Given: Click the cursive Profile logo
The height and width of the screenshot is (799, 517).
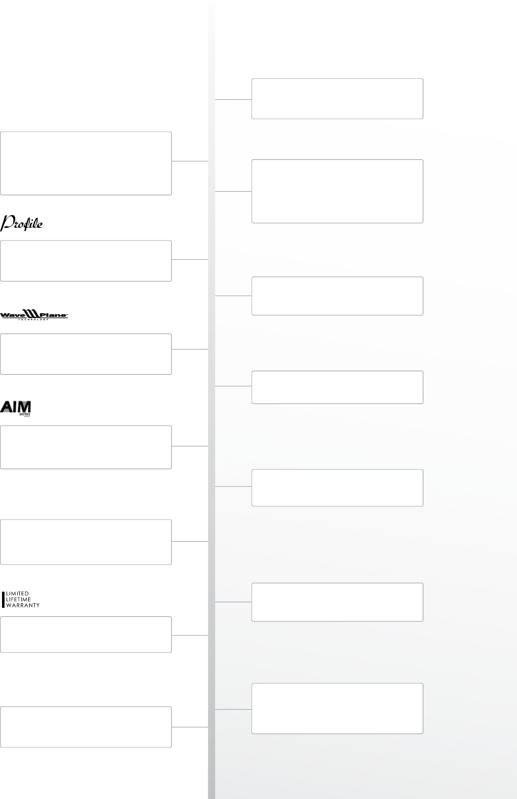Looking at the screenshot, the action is [x=23, y=223].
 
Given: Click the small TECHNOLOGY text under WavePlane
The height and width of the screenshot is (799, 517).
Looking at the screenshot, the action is [x=33, y=319].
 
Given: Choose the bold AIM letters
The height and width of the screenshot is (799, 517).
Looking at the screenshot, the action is [x=16, y=407].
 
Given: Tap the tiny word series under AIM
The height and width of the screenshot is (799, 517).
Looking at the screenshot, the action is [x=25, y=414].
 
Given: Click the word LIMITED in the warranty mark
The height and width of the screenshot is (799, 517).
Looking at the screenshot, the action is [x=18, y=594].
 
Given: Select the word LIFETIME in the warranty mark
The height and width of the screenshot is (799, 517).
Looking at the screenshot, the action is [x=19, y=599].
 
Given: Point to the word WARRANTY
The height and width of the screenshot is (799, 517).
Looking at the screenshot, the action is [x=23, y=605].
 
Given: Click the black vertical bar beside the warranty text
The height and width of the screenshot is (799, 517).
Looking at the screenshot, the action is [x=4, y=599].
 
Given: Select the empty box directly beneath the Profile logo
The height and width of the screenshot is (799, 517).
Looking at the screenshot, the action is [x=86, y=261].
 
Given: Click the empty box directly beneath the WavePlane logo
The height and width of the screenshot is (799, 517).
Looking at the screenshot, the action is [x=86, y=354].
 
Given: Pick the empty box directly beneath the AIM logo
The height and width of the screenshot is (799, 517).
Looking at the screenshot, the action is [x=86, y=447].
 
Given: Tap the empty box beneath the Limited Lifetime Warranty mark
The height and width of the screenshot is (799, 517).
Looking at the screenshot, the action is [x=86, y=635].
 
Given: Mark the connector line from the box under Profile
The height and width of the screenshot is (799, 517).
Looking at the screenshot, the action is [x=190, y=259].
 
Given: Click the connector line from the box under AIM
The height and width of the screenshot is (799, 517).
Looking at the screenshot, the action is [x=190, y=446].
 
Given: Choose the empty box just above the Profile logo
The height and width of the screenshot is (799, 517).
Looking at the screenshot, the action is [x=86, y=163].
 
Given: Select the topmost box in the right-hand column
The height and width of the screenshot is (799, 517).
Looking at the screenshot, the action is [x=337, y=99].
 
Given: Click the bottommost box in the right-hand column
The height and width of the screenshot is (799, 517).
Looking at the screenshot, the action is [x=337, y=708].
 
